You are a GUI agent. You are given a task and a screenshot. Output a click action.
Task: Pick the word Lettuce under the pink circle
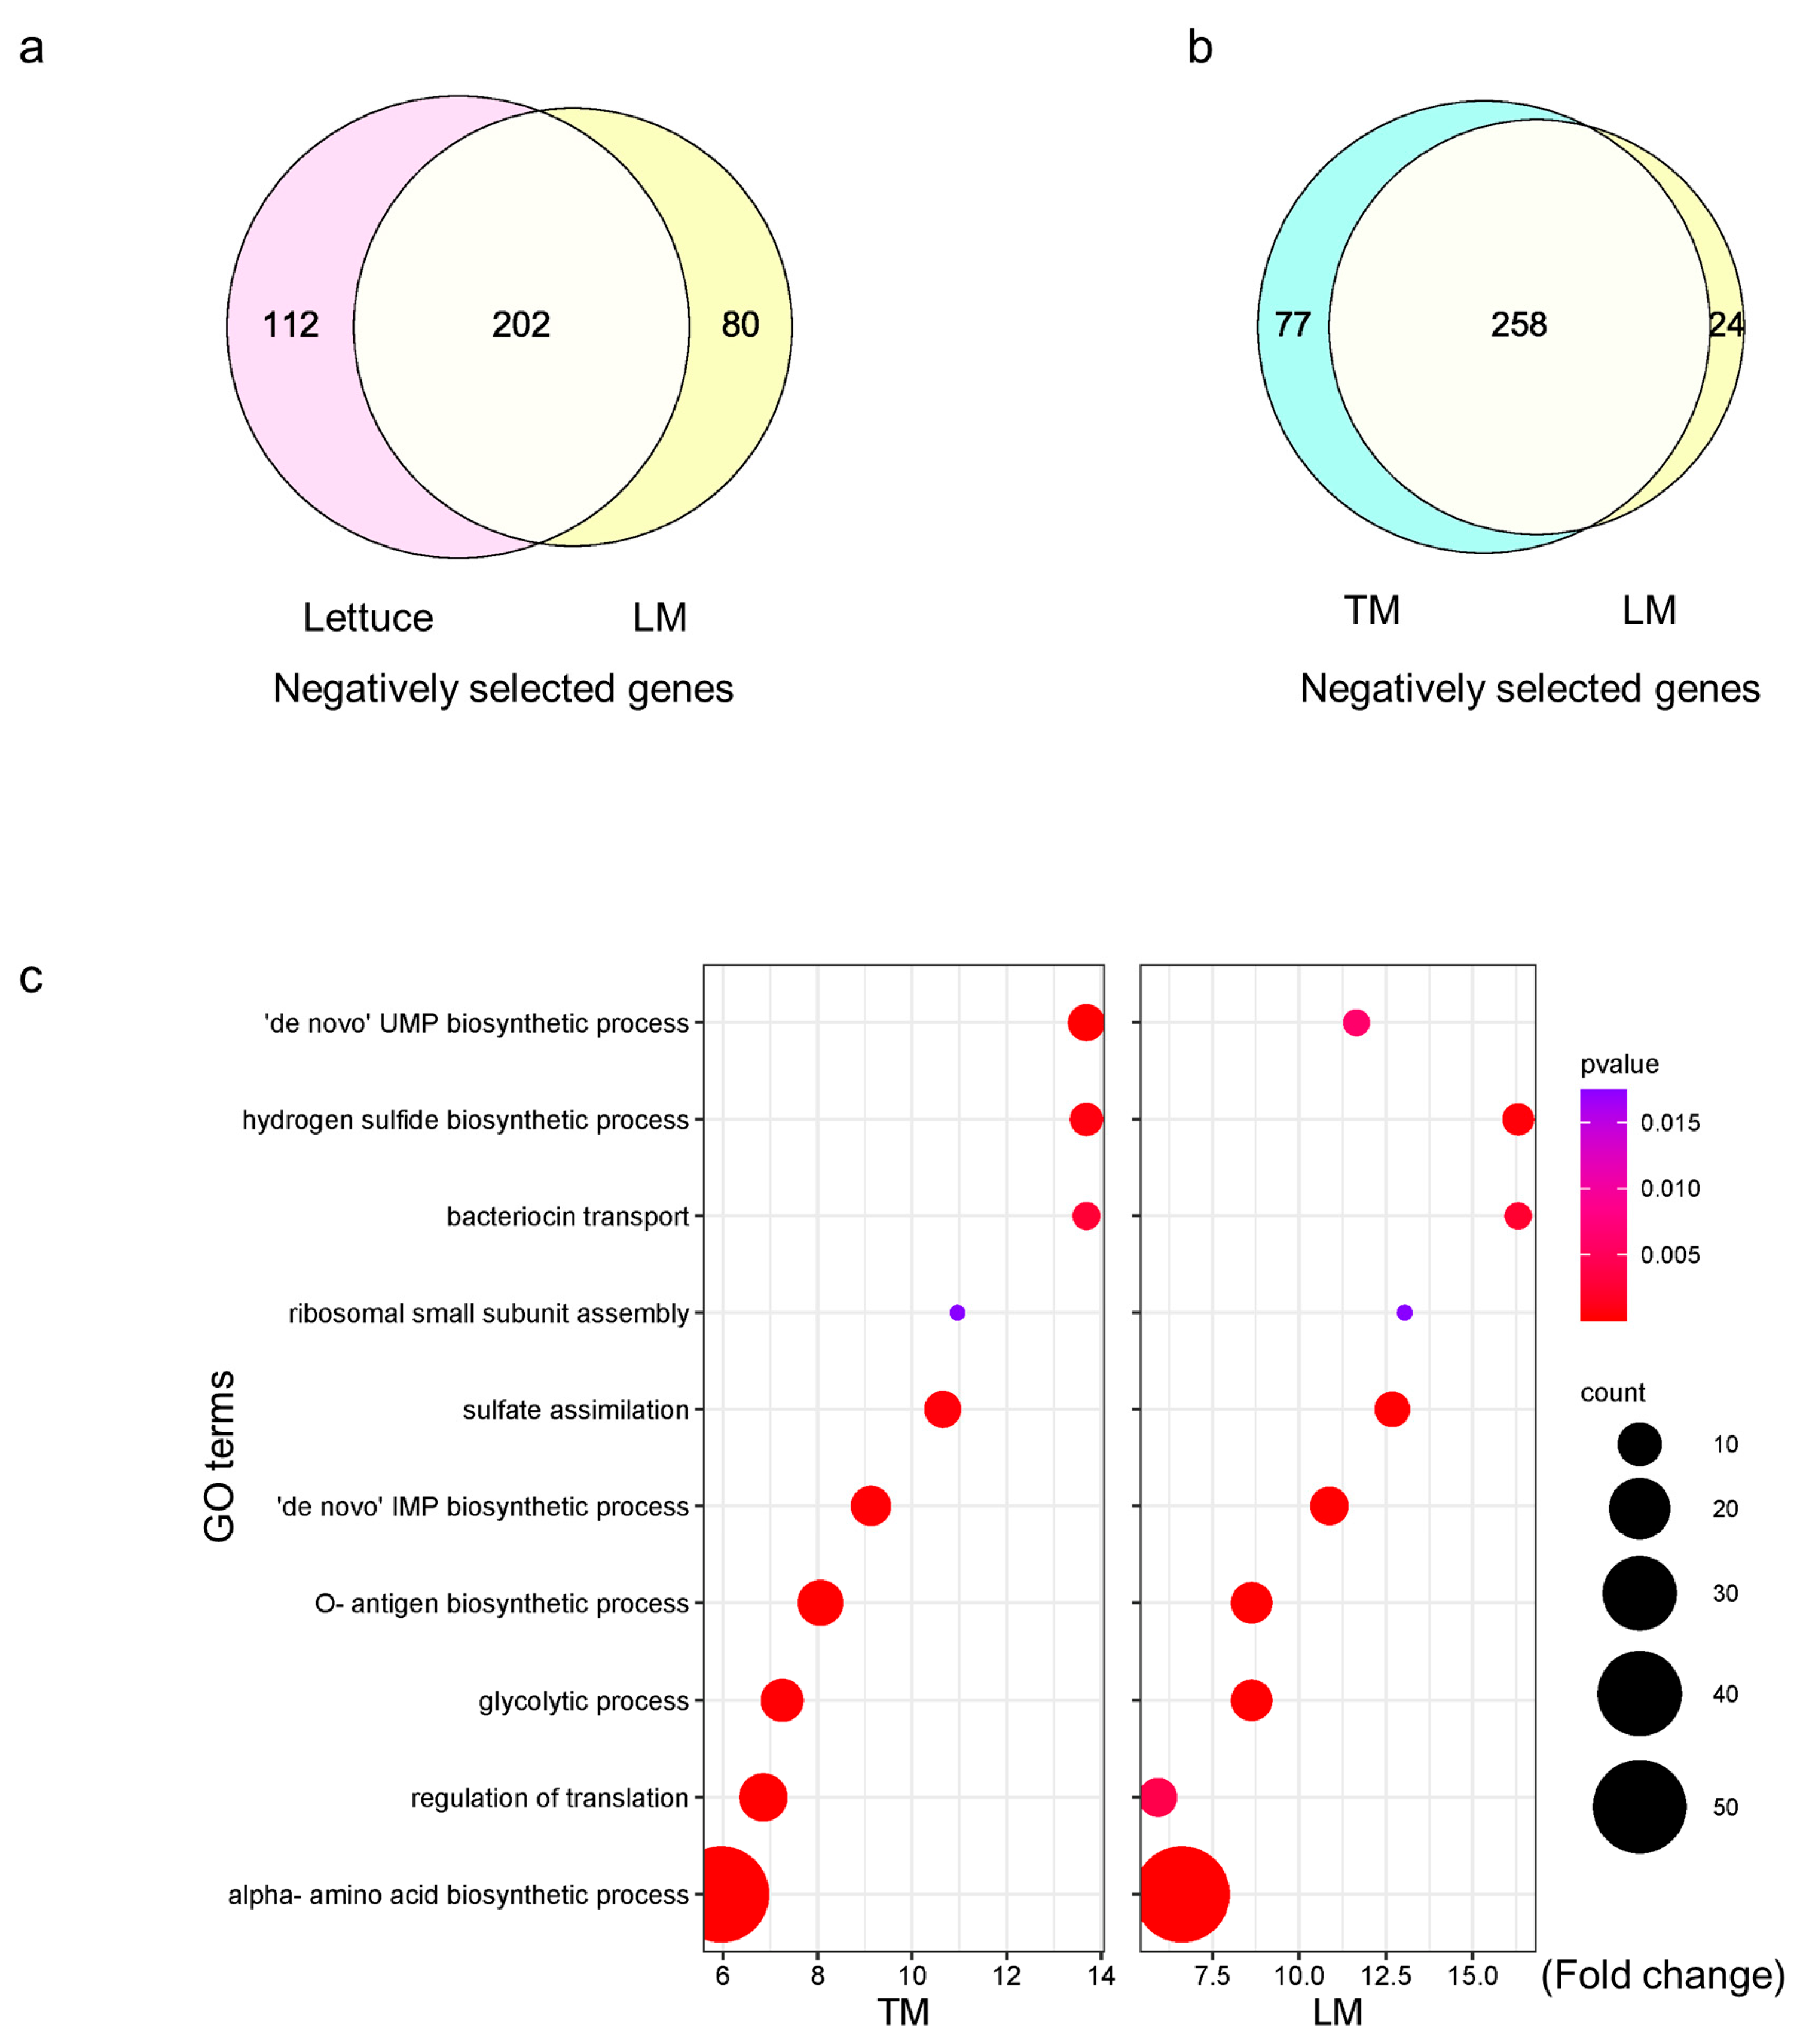click(368, 618)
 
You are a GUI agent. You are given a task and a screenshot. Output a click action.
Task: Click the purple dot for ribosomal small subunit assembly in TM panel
click(957, 1312)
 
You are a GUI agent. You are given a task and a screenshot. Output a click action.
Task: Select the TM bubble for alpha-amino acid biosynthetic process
click(722, 1894)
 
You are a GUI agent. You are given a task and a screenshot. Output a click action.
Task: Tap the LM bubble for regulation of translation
click(1157, 1797)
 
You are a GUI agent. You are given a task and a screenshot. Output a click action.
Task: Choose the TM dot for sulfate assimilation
click(943, 1409)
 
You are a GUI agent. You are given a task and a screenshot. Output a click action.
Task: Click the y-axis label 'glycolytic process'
click(583, 1701)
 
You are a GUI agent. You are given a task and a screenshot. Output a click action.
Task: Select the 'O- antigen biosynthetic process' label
click(502, 1604)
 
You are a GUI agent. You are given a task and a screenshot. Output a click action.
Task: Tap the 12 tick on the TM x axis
click(1007, 1976)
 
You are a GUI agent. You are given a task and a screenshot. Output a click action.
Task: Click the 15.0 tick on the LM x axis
click(1473, 1976)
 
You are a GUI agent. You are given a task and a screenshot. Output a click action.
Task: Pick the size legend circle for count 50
click(1639, 1807)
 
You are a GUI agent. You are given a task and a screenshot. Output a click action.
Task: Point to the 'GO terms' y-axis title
click(219, 1456)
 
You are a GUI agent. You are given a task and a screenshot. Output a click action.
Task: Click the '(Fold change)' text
click(1663, 1975)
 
